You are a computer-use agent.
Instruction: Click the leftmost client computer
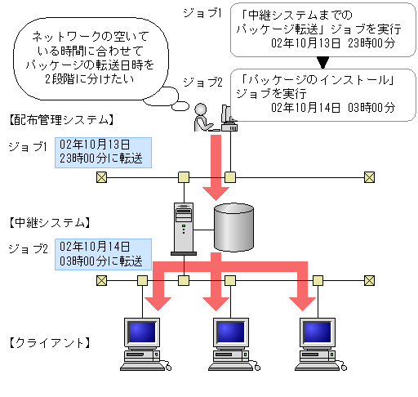point(144,341)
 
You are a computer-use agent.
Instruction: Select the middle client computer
point(231,341)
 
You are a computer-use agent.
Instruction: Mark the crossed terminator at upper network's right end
point(369,176)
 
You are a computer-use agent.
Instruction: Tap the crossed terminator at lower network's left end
point(100,280)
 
